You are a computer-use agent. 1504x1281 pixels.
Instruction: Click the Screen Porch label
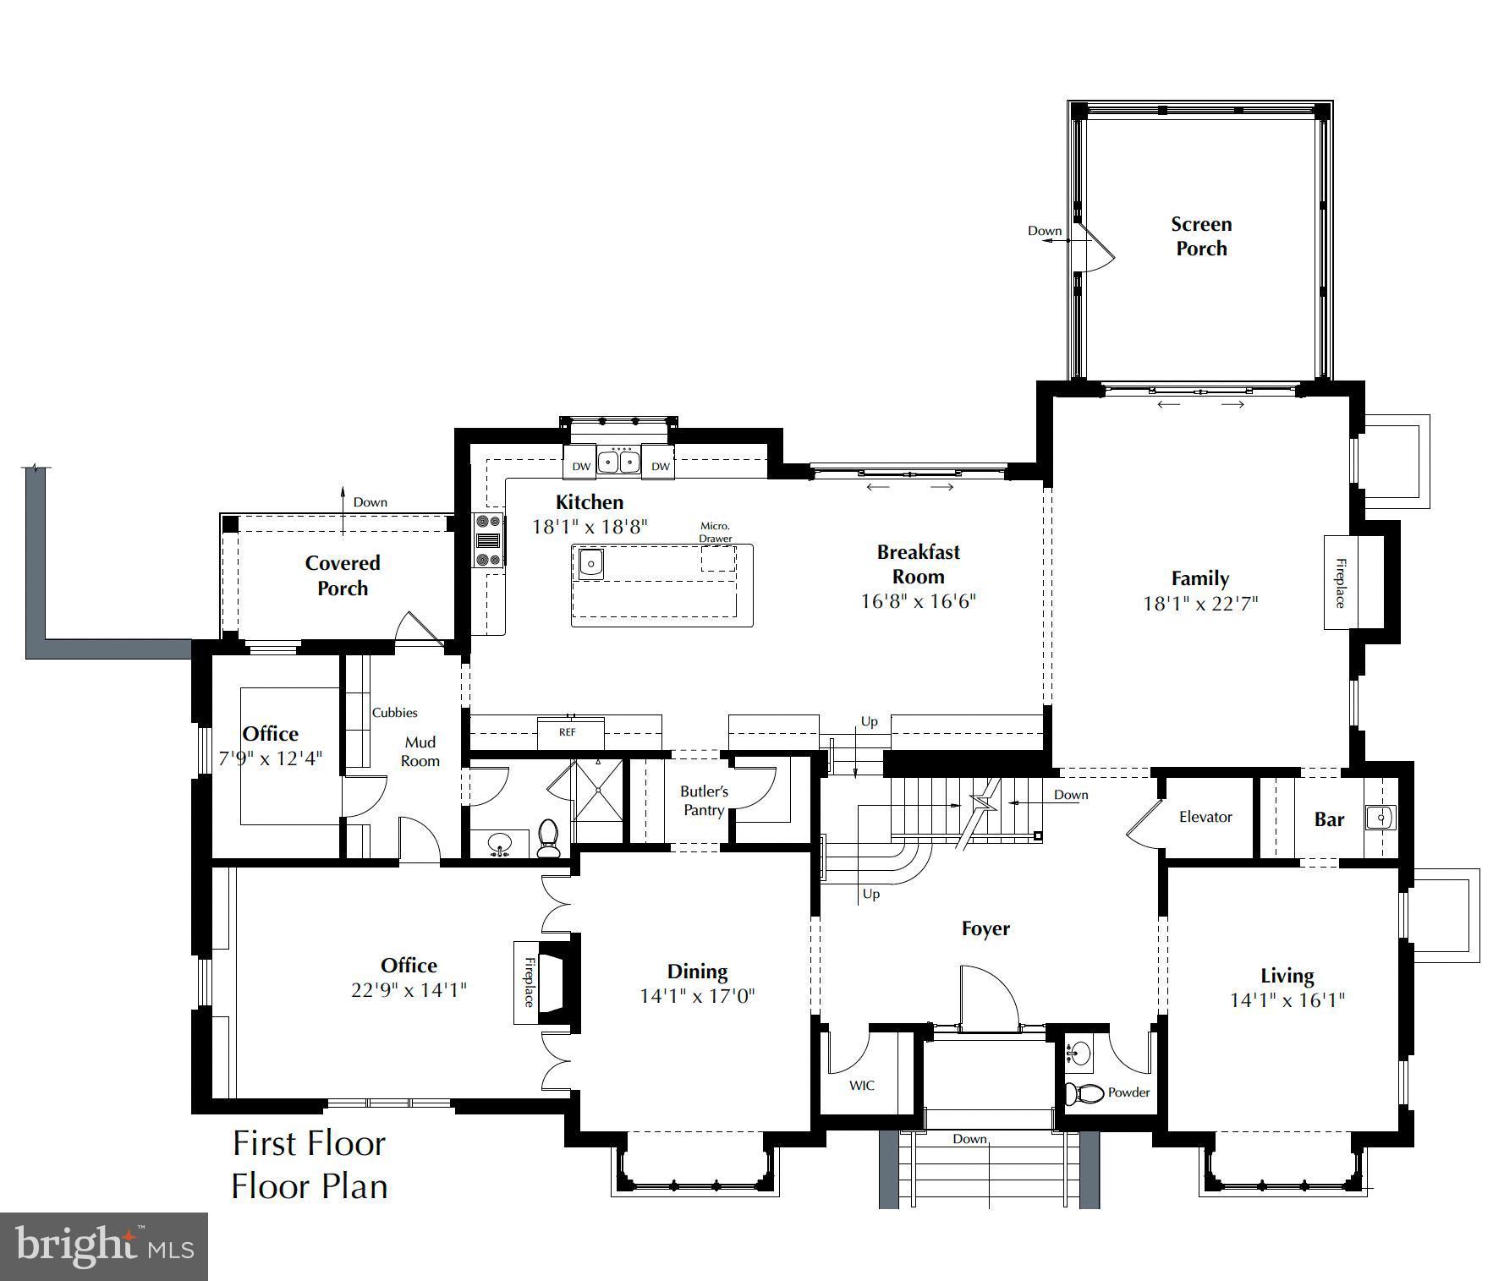click(x=1201, y=236)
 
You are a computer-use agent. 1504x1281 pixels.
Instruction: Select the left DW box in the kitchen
click(x=581, y=466)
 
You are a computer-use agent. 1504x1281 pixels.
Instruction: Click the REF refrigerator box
click(x=568, y=732)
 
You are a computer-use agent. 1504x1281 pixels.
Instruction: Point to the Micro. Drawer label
click(x=715, y=532)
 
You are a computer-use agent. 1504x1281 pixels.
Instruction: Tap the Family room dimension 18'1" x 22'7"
click(x=1199, y=603)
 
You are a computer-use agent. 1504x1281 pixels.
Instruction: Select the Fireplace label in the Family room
click(x=1340, y=583)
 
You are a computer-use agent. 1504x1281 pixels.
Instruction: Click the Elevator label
click(x=1205, y=817)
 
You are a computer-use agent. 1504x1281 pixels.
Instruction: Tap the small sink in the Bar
click(x=1380, y=818)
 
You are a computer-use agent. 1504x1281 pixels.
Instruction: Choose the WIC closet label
click(x=862, y=1085)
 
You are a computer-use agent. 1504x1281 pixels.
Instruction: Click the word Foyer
click(x=985, y=928)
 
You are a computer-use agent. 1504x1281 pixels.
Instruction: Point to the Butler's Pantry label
click(x=704, y=801)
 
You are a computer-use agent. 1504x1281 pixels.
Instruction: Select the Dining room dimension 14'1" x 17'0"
click(x=697, y=996)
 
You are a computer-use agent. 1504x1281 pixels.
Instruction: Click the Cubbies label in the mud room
click(x=394, y=713)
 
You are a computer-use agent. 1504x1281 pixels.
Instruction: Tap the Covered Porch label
click(x=343, y=575)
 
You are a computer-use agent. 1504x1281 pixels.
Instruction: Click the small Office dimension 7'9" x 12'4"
click(x=271, y=758)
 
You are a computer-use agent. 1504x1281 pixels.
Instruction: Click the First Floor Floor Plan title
click(x=310, y=1164)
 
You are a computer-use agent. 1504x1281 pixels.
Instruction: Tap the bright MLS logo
click(x=104, y=1245)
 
